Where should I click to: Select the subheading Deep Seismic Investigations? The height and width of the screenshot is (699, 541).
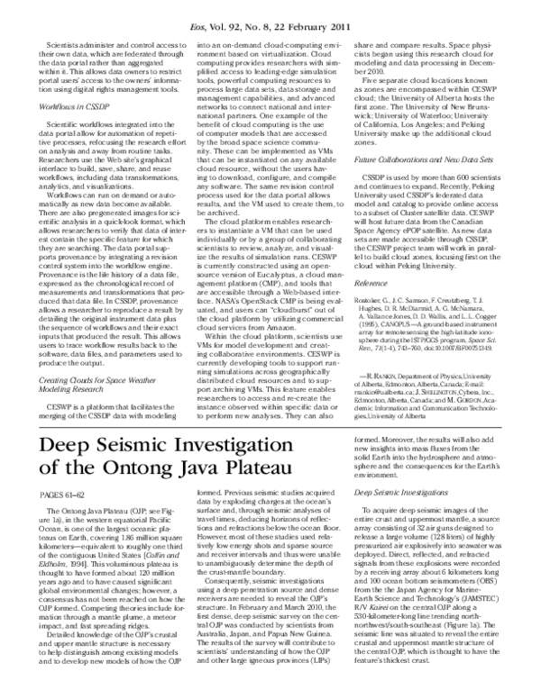pyautogui.click(x=397, y=493)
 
